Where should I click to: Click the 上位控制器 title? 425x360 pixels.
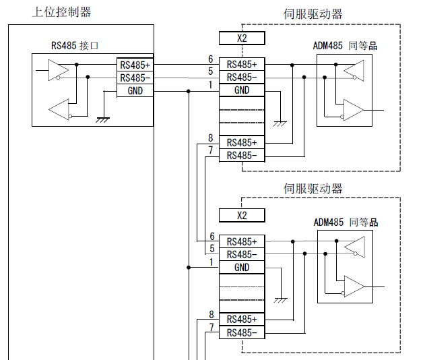[61, 11]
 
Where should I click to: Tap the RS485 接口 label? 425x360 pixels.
[75, 46]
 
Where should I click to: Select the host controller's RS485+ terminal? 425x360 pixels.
[135, 65]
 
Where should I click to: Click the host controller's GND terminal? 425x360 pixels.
[135, 90]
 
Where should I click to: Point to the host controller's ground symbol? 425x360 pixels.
[103, 119]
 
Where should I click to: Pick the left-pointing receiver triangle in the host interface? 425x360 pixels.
[59, 108]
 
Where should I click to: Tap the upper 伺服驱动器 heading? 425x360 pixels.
[313, 13]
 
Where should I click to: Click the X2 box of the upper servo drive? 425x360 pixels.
[242, 38]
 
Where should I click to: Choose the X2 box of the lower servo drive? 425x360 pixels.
[242, 216]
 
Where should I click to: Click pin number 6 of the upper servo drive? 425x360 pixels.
[211, 59]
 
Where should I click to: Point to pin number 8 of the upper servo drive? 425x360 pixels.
[211, 138]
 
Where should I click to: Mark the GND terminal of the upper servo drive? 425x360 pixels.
[242, 90]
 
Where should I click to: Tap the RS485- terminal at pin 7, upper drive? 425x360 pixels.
[242, 155]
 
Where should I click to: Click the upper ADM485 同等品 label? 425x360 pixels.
[345, 46]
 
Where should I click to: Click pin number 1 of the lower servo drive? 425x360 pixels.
[211, 262]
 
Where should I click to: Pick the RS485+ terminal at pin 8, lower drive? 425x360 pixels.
[242, 319]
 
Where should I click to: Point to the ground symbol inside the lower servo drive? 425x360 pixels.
[281, 299]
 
